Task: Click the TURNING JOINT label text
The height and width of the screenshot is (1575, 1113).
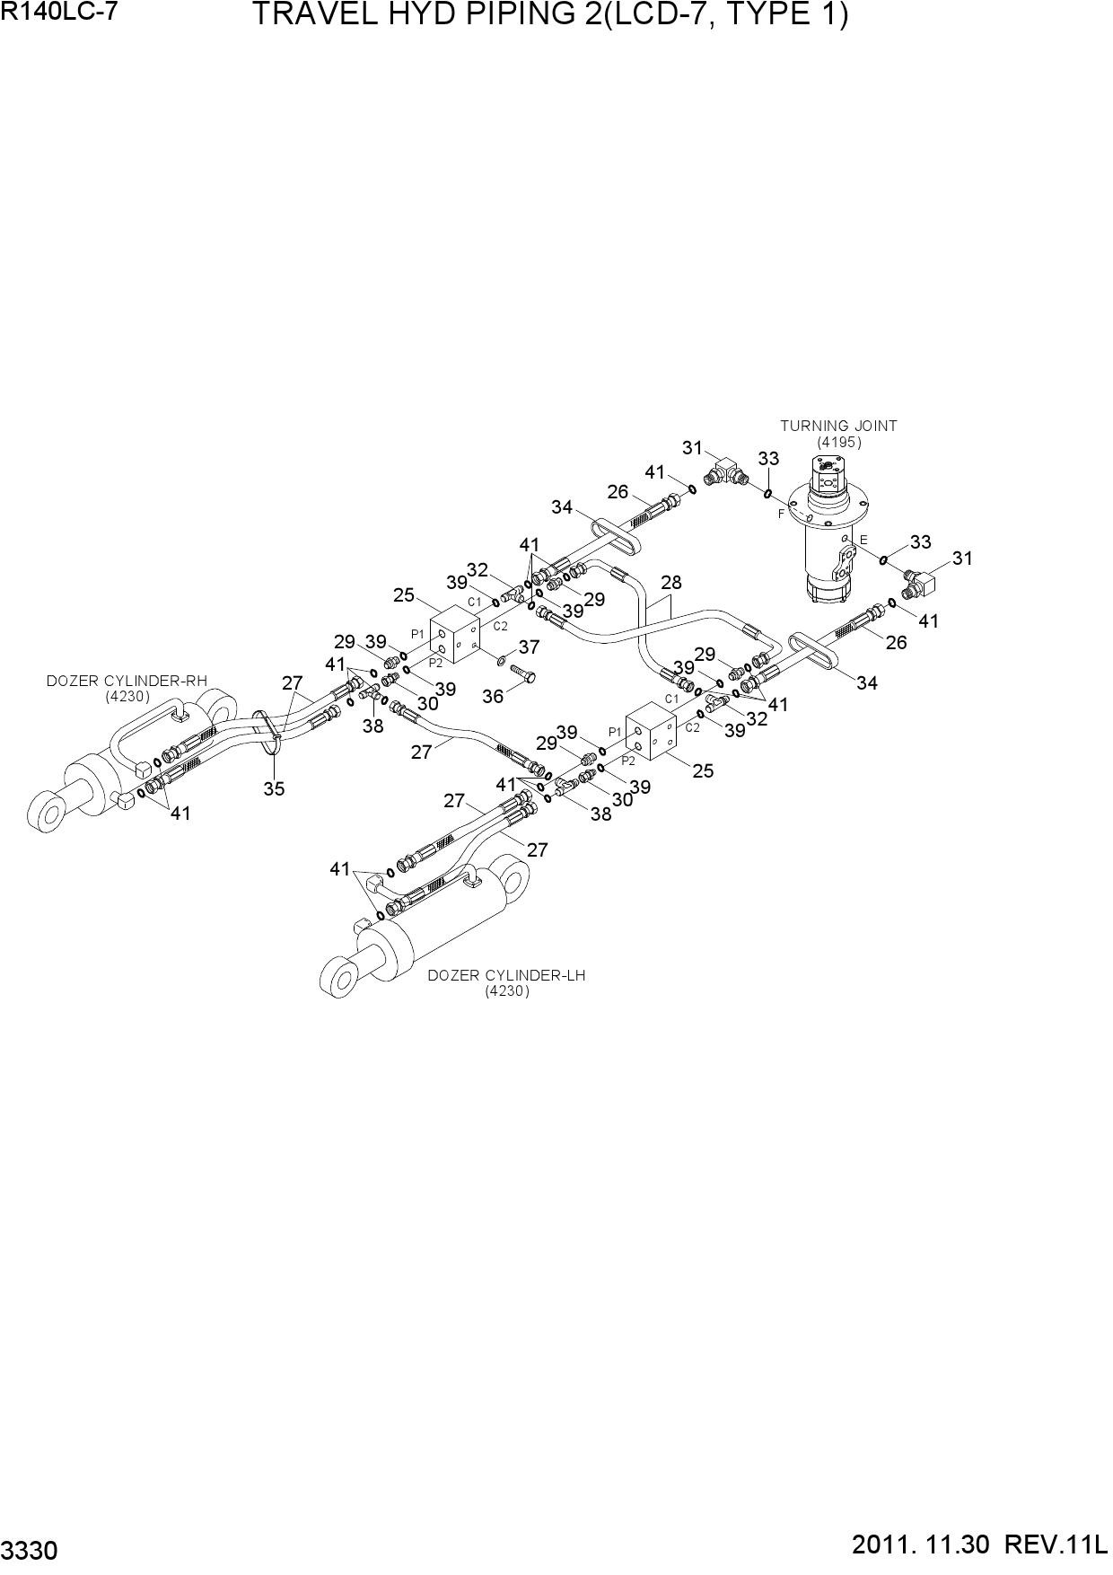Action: (838, 427)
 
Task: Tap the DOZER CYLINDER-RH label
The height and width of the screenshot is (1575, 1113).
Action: (127, 681)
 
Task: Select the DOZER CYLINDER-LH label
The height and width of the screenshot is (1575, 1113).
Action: (506, 975)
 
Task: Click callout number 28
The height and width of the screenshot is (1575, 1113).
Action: (670, 583)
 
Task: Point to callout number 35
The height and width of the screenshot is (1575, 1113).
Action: (274, 788)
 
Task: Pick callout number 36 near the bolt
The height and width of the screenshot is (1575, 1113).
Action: (493, 696)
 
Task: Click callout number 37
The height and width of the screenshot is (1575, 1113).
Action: (529, 647)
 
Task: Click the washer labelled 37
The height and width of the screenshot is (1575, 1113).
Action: (501, 662)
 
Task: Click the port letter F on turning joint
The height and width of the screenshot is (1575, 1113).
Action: (781, 514)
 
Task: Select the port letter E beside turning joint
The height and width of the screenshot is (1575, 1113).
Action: (863, 540)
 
